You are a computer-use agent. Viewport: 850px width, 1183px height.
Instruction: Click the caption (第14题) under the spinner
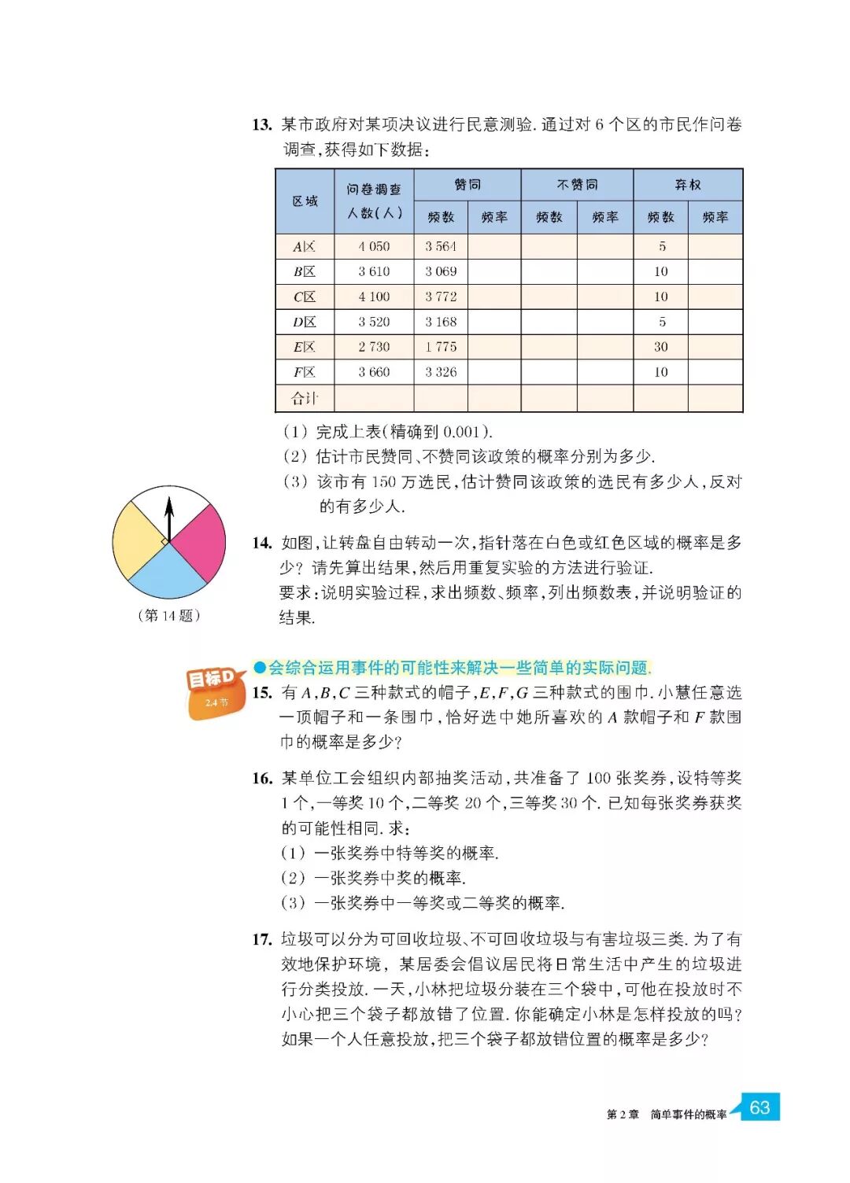[168, 615]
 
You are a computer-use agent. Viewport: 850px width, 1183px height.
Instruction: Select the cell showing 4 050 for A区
[374, 246]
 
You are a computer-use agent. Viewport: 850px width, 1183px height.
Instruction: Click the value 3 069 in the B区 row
[441, 271]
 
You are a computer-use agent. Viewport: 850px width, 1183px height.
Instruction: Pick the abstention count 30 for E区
[661, 347]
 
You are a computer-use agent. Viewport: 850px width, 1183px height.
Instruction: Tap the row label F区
[305, 372]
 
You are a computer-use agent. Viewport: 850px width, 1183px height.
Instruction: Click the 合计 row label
[305, 398]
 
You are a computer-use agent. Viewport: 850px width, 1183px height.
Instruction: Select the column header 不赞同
[577, 185]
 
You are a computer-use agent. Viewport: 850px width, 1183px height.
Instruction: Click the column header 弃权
[688, 185]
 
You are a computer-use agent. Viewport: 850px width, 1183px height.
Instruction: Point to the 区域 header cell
[305, 201]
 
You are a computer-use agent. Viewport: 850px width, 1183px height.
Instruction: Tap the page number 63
[759, 1107]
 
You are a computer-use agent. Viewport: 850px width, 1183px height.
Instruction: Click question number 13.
[262, 124]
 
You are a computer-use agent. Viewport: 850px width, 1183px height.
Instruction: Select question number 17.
[262, 939]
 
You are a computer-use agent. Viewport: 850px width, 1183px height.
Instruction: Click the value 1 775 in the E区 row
[441, 347]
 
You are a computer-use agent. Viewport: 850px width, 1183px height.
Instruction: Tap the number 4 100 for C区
[374, 297]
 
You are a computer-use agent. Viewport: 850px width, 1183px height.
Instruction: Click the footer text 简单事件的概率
[688, 1115]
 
